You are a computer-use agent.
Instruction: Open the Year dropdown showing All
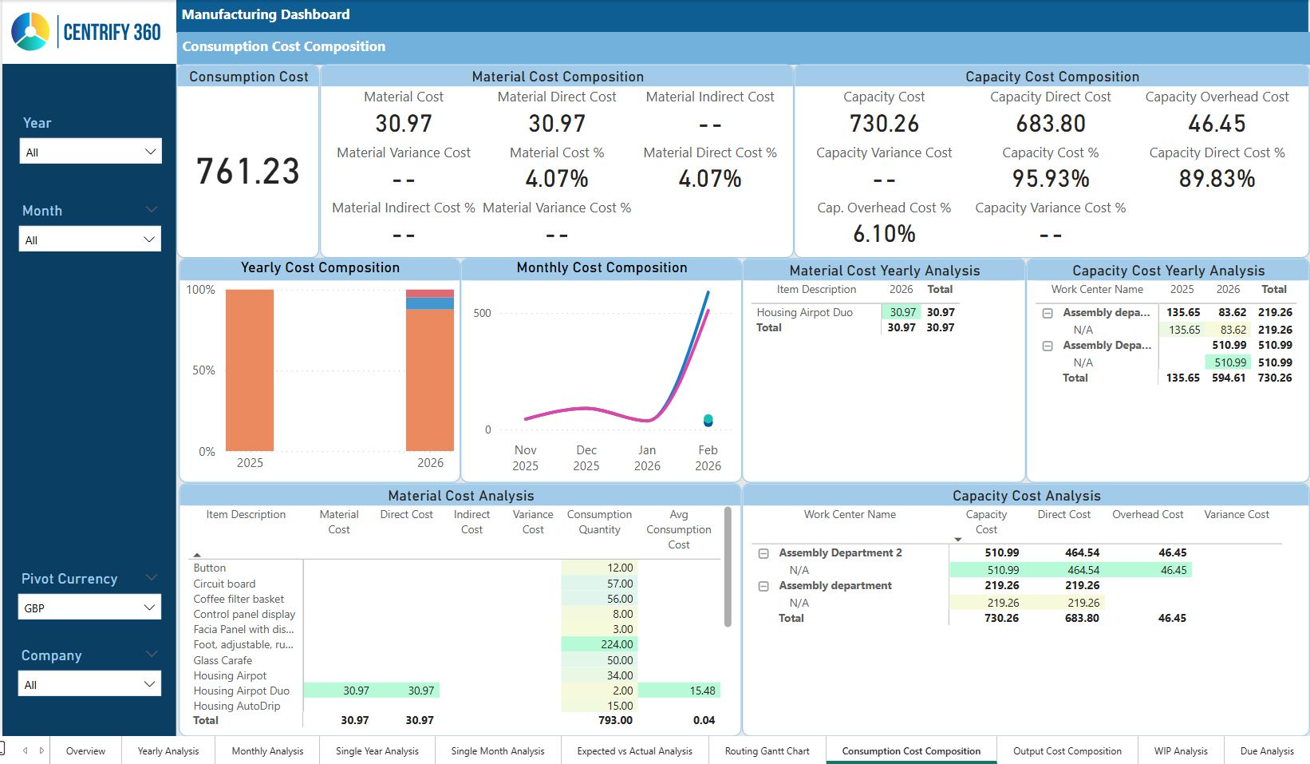tap(91, 152)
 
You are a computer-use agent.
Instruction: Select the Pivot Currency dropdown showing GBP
tap(89, 608)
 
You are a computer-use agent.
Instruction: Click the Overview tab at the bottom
tap(85, 750)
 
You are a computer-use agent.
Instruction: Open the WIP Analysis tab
tap(1180, 750)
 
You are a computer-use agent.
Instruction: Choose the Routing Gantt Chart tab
tap(767, 750)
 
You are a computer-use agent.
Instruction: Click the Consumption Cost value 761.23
tap(248, 172)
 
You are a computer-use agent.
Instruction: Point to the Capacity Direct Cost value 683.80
tap(1051, 124)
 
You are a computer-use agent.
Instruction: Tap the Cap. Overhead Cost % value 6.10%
tap(884, 234)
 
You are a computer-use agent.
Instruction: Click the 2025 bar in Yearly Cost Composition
tap(250, 370)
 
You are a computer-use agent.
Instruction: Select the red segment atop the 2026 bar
tap(430, 293)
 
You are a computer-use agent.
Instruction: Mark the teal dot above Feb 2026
tap(708, 419)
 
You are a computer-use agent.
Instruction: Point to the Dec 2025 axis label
tap(586, 457)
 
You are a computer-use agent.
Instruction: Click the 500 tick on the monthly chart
tap(482, 313)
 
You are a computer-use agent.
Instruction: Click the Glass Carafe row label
tap(223, 660)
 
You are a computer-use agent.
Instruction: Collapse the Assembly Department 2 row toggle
tap(764, 552)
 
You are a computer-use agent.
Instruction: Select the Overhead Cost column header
tap(1147, 514)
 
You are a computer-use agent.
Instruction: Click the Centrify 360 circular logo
tap(30, 32)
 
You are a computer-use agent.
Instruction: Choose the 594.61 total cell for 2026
tap(1228, 378)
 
